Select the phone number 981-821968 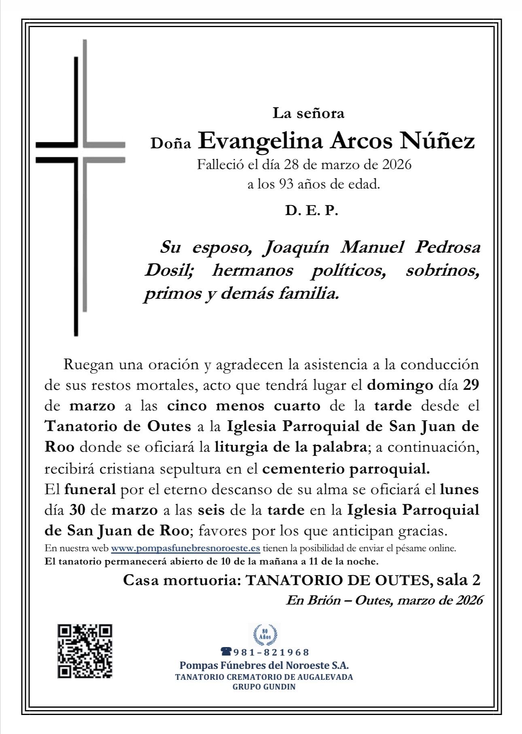pyautogui.click(x=272, y=652)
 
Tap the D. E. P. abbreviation pyautogui.click(x=311, y=211)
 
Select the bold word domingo pyautogui.click(x=395, y=385)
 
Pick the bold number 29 pyautogui.click(x=471, y=385)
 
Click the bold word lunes pyautogui.click(x=459, y=489)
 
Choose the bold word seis pyautogui.click(x=211, y=510)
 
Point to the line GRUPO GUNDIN pyautogui.click(x=264, y=687)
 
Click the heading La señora pyautogui.click(x=309, y=113)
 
